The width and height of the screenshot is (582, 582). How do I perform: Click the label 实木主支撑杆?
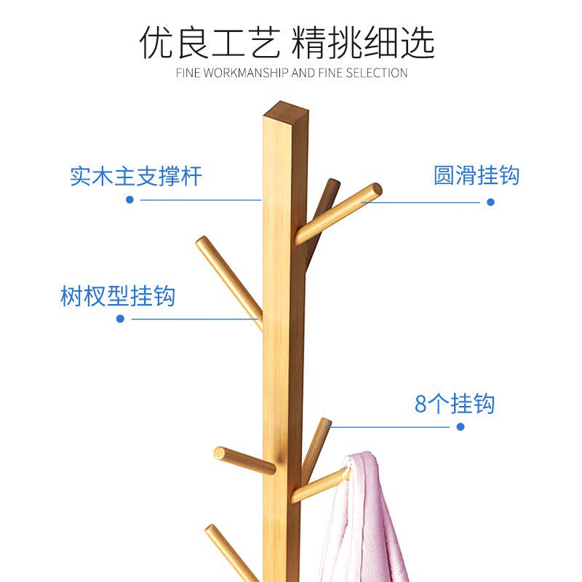click(135, 176)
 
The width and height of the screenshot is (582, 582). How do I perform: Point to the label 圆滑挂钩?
click(477, 175)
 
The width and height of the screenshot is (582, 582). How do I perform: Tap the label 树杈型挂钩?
click(118, 296)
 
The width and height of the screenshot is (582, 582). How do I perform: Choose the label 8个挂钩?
click(455, 404)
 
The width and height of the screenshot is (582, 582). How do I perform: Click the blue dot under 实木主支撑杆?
click(130, 199)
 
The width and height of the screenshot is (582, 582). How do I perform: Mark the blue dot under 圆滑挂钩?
click(490, 202)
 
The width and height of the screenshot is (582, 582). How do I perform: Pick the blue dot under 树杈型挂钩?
click(121, 319)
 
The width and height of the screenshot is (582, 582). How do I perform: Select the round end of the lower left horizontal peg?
click(219, 453)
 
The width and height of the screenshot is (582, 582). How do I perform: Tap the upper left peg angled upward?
click(226, 276)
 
